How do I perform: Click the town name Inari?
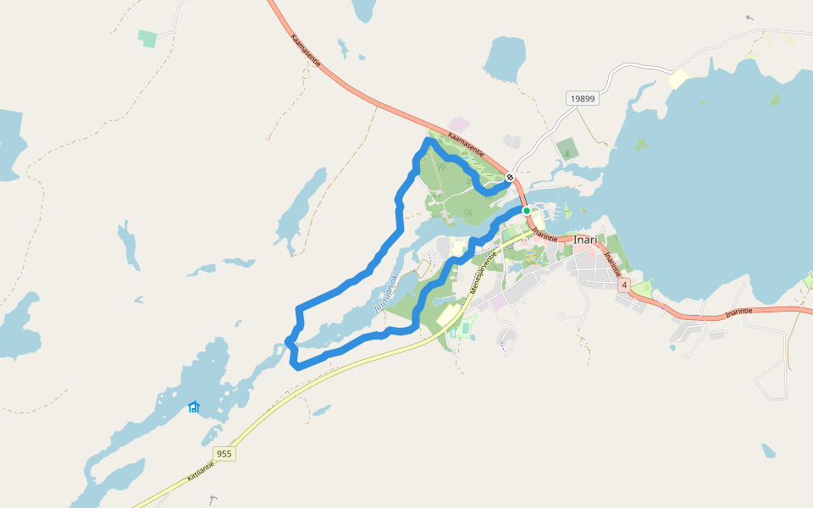click(x=585, y=240)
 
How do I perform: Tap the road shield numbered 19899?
click(x=583, y=98)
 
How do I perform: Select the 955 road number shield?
click(x=224, y=454)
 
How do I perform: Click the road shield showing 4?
click(x=624, y=285)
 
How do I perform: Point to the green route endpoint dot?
click(x=526, y=210)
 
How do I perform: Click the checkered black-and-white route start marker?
click(x=510, y=178)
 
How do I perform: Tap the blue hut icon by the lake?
click(x=194, y=407)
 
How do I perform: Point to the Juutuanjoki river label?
click(x=385, y=292)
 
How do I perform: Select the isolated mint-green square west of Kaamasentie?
click(x=148, y=38)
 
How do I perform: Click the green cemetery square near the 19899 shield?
click(x=567, y=150)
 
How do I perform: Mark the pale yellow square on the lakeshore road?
click(x=678, y=79)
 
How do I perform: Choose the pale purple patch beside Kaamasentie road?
click(x=459, y=124)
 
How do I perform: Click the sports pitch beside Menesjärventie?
click(x=465, y=328)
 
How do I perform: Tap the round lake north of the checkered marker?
click(x=505, y=58)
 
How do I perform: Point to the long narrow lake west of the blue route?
click(x=301, y=208)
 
